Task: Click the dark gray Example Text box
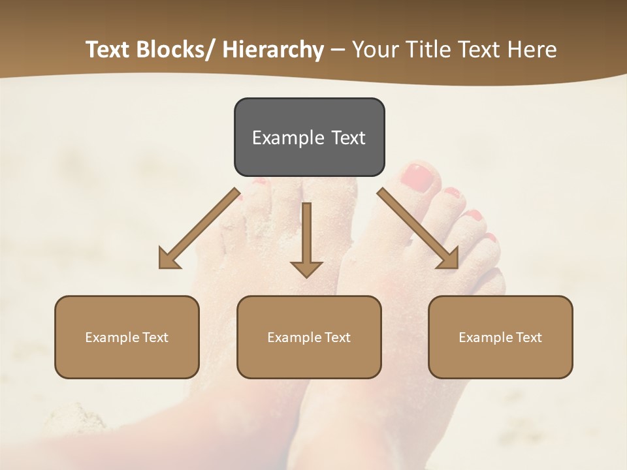pyautogui.click(x=309, y=137)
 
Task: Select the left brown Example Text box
pyautogui.click(x=127, y=337)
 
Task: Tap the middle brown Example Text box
pyautogui.click(x=309, y=337)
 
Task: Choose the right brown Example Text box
pyautogui.click(x=500, y=337)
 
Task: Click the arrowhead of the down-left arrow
pyautogui.click(x=168, y=258)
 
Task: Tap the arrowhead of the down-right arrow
pyautogui.click(x=449, y=258)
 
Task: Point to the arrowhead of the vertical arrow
pyautogui.click(x=306, y=268)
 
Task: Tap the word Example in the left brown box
pyautogui.click(x=112, y=337)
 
